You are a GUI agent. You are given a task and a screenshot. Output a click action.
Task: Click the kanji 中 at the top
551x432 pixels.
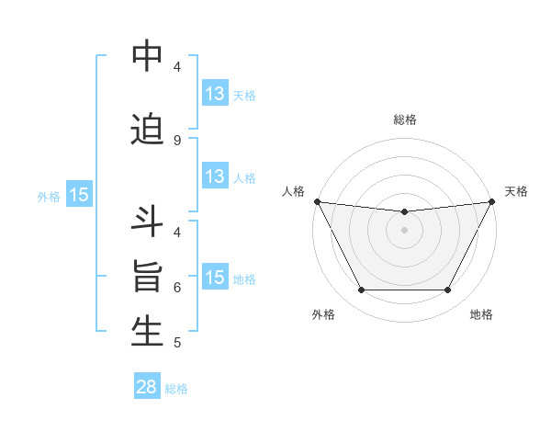click(147, 57)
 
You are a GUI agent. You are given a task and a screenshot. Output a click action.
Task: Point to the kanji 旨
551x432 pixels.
click(147, 279)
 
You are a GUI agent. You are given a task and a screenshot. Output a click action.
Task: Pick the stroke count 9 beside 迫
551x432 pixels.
click(176, 140)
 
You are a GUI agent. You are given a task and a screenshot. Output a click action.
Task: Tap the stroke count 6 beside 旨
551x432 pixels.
click(176, 287)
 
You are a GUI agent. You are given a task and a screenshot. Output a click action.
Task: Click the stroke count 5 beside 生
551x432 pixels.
click(176, 343)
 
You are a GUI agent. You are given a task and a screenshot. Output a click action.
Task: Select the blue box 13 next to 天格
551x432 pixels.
click(215, 94)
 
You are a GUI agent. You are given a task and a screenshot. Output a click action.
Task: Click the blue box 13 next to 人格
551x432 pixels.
click(215, 177)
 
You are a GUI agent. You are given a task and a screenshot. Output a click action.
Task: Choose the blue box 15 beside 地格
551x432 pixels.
click(215, 278)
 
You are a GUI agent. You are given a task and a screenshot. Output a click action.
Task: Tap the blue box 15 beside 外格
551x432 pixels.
click(78, 195)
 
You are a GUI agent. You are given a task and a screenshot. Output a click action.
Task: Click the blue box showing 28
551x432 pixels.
click(147, 387)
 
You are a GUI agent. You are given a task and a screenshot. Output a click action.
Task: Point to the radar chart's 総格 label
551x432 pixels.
click(405, 119)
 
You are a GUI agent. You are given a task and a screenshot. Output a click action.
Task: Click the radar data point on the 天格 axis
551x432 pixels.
click(492, 201)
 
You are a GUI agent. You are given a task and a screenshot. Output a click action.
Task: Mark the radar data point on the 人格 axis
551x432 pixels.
click(317, 201)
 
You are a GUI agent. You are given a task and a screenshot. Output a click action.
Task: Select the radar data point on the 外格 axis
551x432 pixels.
click(361, 290)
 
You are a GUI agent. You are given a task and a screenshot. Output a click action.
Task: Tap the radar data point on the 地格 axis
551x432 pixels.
click(448, 290)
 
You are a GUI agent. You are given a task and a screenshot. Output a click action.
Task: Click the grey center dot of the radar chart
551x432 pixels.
click(404, 230)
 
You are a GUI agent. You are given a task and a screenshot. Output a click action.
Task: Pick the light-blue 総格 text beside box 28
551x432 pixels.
click(176, 389)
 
